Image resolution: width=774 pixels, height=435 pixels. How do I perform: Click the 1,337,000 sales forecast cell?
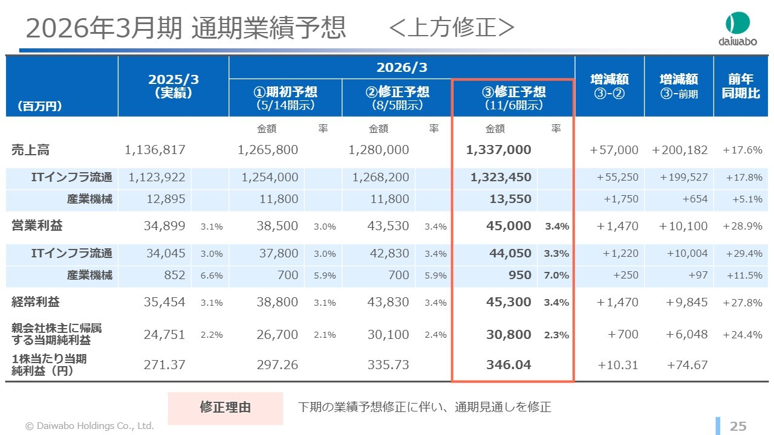[x=499, y=150]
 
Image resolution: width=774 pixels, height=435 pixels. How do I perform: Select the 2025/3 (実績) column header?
[x=174, y=86]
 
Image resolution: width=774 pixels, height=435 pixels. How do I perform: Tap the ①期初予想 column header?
[x=285, y=97]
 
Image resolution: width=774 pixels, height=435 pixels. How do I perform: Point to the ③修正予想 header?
[x=513, y=97]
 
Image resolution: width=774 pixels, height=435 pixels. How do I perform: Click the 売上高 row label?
[x=26, y=150]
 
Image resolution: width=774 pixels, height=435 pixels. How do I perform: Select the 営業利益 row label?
[x=37, y=226]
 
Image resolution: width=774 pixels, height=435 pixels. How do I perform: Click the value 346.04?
[x=509, y=365]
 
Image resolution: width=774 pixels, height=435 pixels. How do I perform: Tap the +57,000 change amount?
[x=614, y=150]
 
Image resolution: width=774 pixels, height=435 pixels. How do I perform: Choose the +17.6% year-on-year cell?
[x=743, y=150]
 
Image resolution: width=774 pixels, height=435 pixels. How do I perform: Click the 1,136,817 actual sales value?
[x=155, y=150]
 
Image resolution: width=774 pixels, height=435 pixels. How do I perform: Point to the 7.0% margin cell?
[x=556, y=275]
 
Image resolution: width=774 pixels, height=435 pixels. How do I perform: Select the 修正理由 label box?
[x=225, y=408]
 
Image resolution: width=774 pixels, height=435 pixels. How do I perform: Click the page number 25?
[x=738, y=426]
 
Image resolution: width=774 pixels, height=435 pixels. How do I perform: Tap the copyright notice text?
[x=89, y=426]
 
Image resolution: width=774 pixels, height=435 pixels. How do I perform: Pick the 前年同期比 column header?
[x=741, y=86]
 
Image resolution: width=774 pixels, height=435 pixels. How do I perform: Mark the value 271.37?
[x=164, y=365]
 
